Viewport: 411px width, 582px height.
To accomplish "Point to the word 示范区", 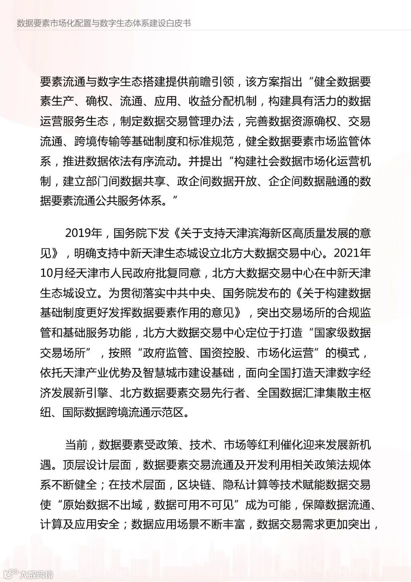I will (x=171, y=412).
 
